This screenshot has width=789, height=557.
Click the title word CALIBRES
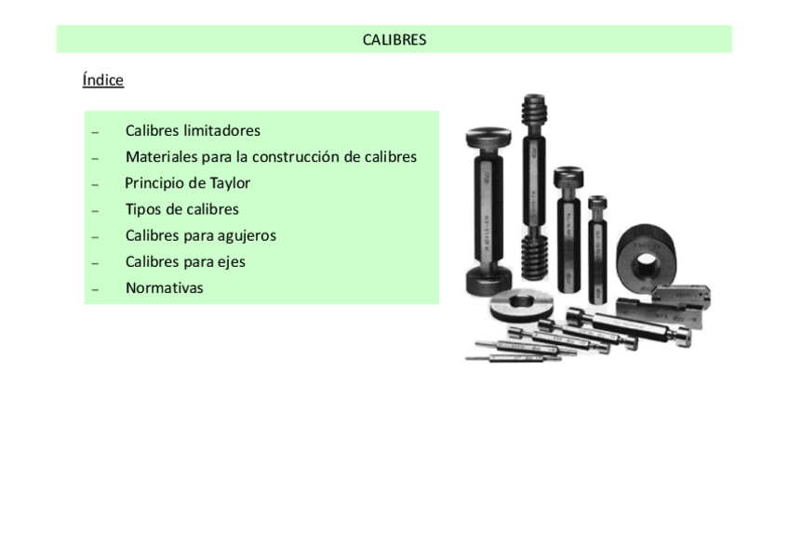(x=394, y=40)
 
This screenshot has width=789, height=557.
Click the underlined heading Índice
(x=102, y=80)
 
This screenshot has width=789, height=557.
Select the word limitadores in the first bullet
(x=221, y=130)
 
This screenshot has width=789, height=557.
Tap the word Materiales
(x=161, y=156)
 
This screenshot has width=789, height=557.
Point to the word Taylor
(x=230, y=183)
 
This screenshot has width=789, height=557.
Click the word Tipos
(x=143, y=209)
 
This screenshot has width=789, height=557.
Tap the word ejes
(x=231, y=261)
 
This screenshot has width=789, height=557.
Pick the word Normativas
(x=164, y=288)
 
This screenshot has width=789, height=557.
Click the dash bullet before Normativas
(x=95, y=289)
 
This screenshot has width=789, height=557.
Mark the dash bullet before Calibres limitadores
(x=95, y=132)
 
